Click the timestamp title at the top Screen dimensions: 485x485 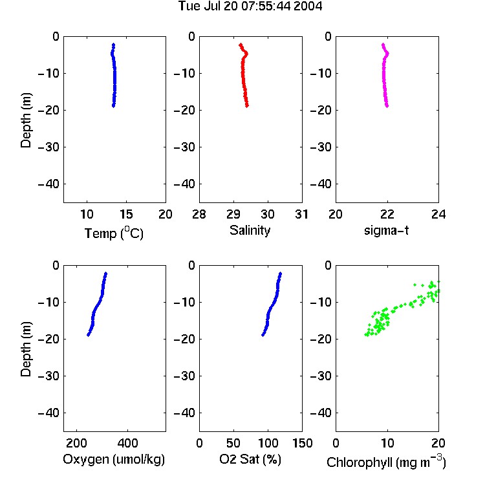click(250, 6)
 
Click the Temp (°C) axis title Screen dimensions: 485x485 click(114, 233)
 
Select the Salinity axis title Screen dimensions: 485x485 click(250, 230)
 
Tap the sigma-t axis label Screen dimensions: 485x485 click(386, 230)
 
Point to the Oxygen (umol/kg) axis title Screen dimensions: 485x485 click(114, 459)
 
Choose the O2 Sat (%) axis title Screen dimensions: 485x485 click(250, 459)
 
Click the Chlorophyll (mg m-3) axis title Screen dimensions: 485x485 click(386, 462)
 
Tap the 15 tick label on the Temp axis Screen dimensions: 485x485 click(126, 214)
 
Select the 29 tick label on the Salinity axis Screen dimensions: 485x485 click(233, 214)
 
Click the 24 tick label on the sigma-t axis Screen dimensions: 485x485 click(438, 214)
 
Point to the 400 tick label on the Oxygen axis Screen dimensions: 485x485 click(127, 443)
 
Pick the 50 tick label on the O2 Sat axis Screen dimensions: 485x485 click(233, 443)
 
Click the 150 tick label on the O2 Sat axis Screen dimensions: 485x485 click(302, 443)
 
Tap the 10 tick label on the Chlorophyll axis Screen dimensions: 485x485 click(387, 443)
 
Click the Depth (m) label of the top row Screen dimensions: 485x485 click(26, 120)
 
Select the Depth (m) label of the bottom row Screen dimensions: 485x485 click(26, 349)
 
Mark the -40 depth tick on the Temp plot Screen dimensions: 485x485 click(48, 184)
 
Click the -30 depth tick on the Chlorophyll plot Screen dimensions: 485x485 click(321, 376)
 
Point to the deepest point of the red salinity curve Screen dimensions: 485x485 click(247, 106)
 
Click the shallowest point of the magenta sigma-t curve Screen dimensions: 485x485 click(383, 45)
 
